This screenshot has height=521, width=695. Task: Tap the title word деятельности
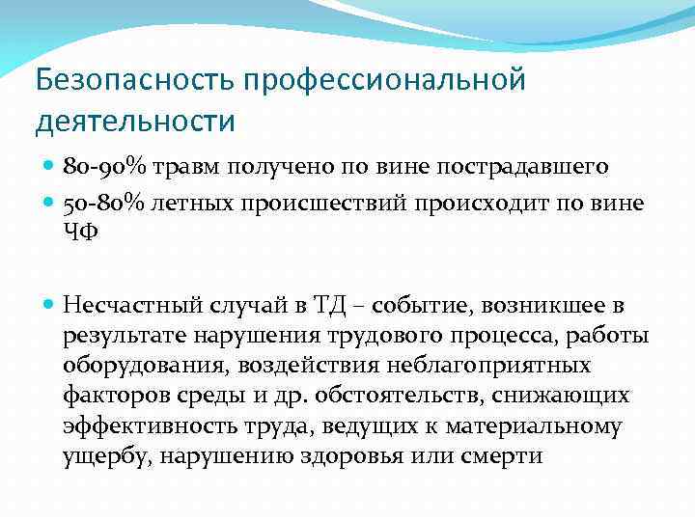pos(135,123)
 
